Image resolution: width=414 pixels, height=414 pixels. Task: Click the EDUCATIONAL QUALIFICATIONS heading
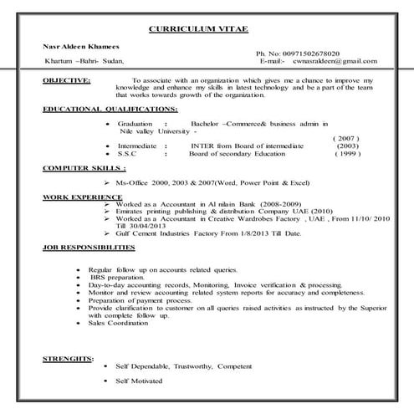coord(110,109)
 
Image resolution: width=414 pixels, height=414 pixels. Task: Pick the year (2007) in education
coord(345,138)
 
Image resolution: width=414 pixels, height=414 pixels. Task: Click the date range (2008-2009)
coord(248,203)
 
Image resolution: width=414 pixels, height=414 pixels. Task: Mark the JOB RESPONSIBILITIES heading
coord(88,248)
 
